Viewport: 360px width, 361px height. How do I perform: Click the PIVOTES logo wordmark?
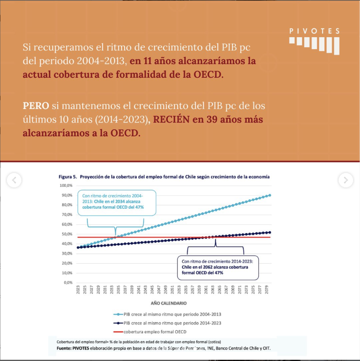[315, 31]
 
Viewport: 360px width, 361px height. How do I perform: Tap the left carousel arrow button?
[14, 180]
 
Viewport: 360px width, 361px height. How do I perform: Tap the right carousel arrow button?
[346, 180]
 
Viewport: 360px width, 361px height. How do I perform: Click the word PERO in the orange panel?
[36, 106]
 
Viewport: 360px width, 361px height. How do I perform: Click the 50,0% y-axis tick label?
[67, 234]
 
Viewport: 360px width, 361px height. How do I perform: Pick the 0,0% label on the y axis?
[68, 282]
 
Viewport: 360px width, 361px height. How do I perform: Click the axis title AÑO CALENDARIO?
[169, 303]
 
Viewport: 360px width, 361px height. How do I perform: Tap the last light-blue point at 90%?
[270, 195]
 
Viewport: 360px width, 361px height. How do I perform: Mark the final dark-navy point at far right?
[270, 232]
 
